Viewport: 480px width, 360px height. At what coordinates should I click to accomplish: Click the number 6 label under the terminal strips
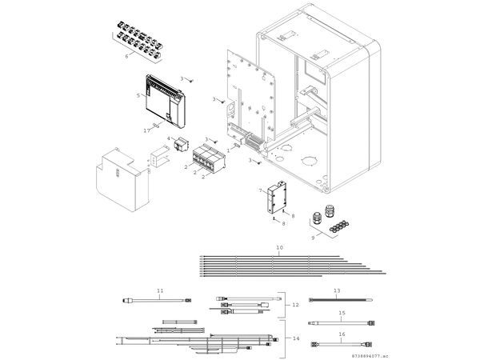coord(126,57)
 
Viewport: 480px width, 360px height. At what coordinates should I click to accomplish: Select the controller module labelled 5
coord(166,100)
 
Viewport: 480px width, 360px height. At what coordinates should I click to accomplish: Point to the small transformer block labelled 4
coord(178,148)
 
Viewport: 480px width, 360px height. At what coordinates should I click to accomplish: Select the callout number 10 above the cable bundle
coord(279,248)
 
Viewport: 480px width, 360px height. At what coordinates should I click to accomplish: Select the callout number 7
coord(260,190)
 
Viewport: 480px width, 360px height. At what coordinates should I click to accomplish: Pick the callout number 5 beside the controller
coord(138,94)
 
